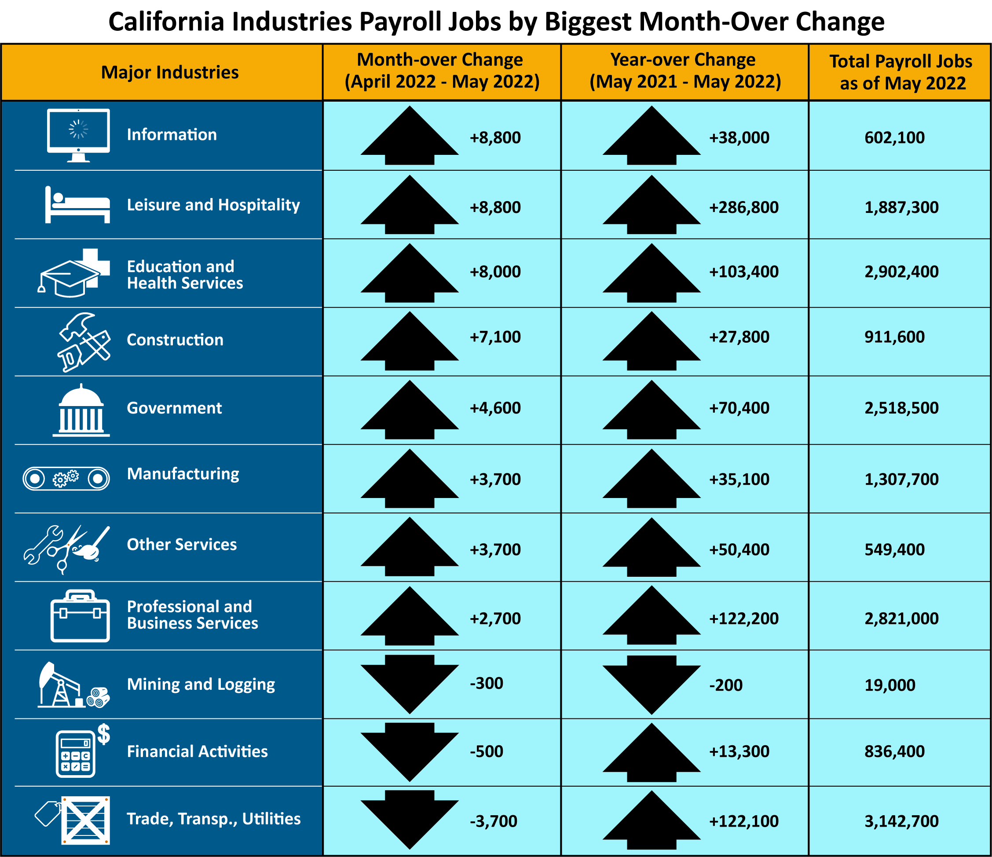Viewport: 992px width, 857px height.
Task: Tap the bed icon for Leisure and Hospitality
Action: pos(77,205)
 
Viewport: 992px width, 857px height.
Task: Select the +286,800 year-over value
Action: pos(743,207)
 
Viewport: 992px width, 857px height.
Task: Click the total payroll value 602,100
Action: pos(894,138)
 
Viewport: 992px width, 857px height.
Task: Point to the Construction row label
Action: pos(175,340)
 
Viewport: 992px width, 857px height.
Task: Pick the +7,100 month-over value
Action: pos(495,337)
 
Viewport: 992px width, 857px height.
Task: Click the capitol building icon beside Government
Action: pos(81,411)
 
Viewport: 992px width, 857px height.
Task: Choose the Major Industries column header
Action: pos(169,72)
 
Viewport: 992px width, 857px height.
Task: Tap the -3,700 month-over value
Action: pos(493,821)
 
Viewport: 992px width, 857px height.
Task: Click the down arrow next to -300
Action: pos(410,684)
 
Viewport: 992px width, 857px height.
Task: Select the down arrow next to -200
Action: pos(651,685)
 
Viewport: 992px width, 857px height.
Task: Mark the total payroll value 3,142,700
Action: pos(901,821)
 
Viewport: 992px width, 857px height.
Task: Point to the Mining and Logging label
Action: pos(201,685)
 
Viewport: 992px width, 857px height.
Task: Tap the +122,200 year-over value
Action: pos(743,619)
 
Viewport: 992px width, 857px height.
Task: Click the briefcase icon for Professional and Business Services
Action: pos(80,616)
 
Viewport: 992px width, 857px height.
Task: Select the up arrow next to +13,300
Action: pos(651,752)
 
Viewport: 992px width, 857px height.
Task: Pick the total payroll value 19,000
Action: pos(890,685)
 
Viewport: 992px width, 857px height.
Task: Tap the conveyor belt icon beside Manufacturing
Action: pos(66,478)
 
